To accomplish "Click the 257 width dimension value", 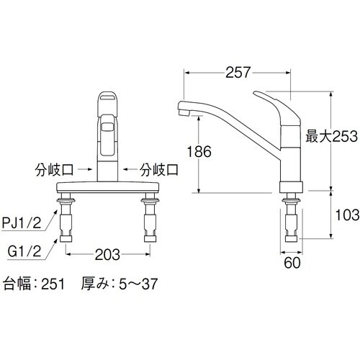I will click(x=238, y=72).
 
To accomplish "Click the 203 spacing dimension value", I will click(x=107, y=254).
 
